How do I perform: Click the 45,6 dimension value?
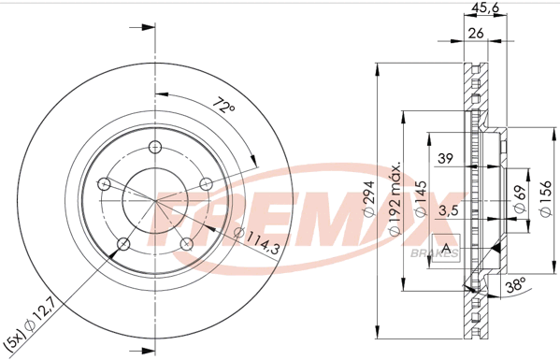(484, 7)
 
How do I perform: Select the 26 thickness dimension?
(476, 33)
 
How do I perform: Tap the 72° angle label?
(224, 105)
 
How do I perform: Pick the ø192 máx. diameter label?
(395, 198)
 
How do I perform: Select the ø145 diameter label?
(421, 198)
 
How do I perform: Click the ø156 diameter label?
(546, 198)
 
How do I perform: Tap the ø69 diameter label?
(520, 198)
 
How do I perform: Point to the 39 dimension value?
(445, 158)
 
